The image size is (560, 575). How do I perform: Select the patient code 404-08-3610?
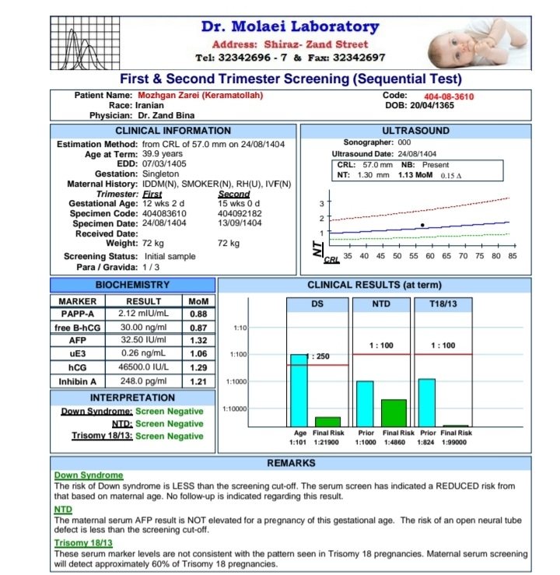449,96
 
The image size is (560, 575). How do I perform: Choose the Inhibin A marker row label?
78,381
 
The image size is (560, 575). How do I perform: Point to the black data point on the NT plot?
422,225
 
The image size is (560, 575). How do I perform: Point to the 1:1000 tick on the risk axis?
237,381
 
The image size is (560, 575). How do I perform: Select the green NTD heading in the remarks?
62,509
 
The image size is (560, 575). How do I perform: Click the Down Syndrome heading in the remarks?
89,475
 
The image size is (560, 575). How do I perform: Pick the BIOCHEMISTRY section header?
132,285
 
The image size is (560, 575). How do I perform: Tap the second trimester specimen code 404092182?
240,212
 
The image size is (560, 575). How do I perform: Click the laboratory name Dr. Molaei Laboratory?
290,26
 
